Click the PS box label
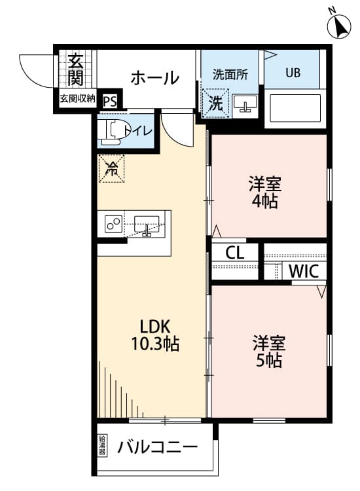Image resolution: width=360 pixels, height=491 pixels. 109,101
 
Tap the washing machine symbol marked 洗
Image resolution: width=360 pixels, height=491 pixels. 215,103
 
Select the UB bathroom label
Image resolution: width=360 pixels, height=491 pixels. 292,72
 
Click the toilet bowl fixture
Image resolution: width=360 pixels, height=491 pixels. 112,130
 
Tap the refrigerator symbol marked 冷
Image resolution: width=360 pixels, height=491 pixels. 111,168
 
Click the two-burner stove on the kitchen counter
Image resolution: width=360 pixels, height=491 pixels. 113,225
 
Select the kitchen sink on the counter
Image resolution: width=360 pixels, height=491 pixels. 147,224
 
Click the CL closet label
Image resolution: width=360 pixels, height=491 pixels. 236,253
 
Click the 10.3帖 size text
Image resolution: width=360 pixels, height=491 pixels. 154,343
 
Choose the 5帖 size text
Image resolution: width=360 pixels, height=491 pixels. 269,360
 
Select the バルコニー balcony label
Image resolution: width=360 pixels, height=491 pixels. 158,448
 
